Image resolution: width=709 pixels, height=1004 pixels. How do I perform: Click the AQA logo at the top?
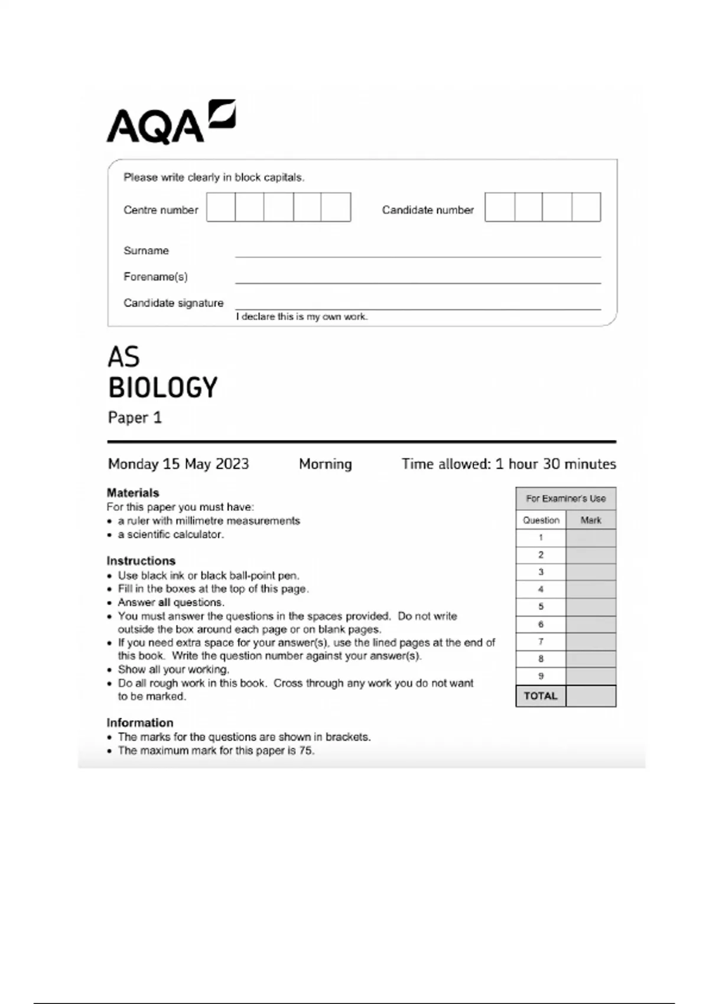pos(170,122)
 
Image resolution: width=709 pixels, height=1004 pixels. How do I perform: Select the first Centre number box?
pos(221,207)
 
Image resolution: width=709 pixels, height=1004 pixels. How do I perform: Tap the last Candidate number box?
pos(586,207)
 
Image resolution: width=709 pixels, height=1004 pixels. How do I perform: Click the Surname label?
pos(146,250)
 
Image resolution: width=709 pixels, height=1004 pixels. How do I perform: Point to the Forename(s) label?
pos(155,276)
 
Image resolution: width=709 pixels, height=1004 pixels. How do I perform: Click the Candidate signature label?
pos(173,303)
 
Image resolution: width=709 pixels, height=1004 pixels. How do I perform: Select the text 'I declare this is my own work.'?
pos(301,317)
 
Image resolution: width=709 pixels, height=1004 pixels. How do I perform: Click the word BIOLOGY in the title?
pos(163,388)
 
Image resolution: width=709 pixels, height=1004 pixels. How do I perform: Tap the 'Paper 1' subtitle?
pos(135,418)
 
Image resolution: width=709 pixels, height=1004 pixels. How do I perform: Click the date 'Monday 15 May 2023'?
pos(178,464)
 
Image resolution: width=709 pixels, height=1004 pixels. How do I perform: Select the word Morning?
pos(325,464)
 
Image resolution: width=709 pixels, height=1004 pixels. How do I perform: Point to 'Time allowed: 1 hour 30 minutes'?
pos(509,464)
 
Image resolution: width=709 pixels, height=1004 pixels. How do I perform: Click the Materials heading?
pos(133,493)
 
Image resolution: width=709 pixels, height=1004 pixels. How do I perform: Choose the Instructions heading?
pos(141,560)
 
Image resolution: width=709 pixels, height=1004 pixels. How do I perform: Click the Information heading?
pos(140,722)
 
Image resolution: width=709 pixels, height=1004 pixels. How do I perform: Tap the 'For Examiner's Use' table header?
pos(565,498)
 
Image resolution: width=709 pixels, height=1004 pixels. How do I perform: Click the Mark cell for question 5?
pos(591,607)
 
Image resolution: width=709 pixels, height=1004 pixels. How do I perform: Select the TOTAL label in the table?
pos(541,696)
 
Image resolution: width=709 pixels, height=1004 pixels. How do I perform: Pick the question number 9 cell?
pos(541,676)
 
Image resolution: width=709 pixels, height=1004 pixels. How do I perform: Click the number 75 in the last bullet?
pos(306,751)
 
